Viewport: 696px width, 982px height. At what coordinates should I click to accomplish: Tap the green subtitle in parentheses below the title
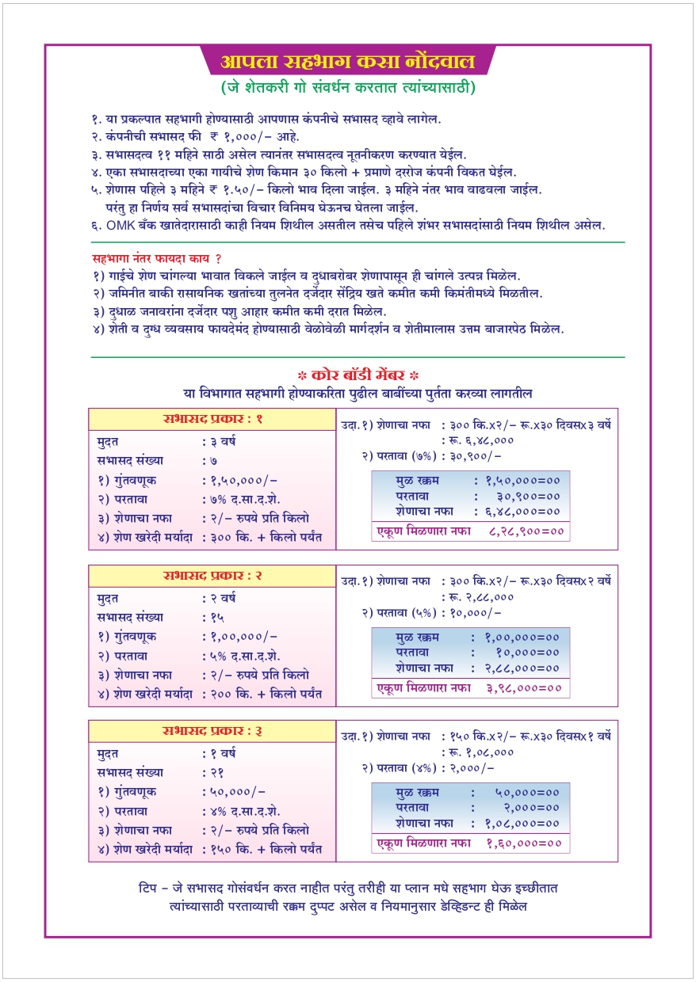click(x=348, y=87)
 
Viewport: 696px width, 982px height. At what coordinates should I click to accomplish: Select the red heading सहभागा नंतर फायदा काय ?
click(x=157, y=259)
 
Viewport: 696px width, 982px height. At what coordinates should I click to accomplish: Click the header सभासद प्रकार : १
click(x=212, y=419)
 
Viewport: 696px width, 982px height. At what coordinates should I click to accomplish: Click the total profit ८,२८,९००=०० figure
click(x=524, y=531)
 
